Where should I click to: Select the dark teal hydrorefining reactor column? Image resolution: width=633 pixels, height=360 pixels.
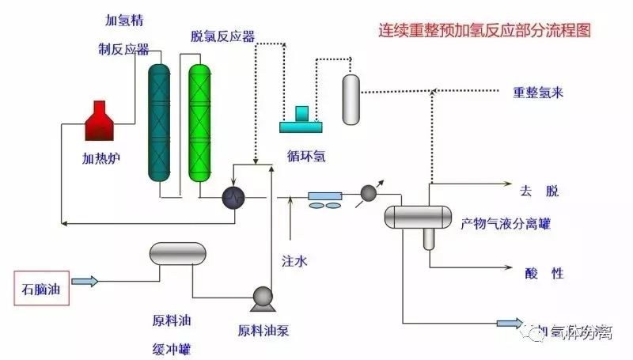pyautogui.click(x=160, y=123)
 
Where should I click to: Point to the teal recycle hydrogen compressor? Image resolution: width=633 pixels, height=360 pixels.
pyautogui.click(x=301, y=119)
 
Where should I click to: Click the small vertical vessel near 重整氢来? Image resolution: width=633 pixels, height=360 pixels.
pyautogui.click(x=351, y=99)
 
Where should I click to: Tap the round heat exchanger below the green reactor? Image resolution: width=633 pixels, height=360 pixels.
pyautogui.click(x=233, y=196)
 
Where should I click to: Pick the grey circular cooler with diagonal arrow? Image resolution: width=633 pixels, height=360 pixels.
pyautogui.click(x=369, y=192)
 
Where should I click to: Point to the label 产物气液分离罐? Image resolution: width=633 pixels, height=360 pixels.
pyautogui.click(x=506, y=224)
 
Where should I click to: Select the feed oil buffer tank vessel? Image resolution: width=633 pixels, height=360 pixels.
pyautogui.click(x=177, y=253)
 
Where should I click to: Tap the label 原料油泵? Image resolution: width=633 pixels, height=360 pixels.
pyautogui.click(x=263, y=330)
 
